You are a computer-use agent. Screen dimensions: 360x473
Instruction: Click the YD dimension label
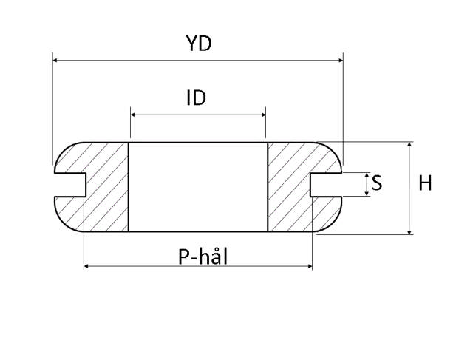[198, 44]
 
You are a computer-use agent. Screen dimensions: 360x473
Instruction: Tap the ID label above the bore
[196, 98]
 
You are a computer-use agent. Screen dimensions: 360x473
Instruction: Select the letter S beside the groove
[377, 183]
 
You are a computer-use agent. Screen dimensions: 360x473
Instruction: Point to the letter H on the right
[425, 183]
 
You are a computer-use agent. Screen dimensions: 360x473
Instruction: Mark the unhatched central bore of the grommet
[198, 186]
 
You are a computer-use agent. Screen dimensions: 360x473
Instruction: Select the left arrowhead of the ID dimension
[134, 115]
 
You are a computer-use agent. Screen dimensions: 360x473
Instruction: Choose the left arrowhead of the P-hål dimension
[88, 265]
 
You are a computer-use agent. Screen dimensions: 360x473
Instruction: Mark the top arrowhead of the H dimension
[409, 145]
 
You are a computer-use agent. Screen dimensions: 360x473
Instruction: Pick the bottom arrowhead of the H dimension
[409, 231]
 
